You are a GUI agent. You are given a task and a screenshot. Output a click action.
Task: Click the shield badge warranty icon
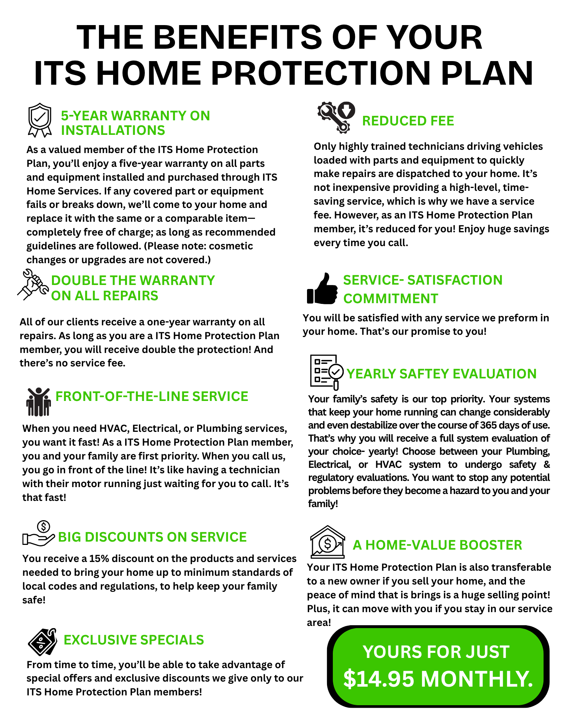pyautogui.click(x=40, y=120)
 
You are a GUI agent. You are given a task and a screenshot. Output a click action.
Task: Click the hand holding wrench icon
pyautogui.click(x=33, y=284)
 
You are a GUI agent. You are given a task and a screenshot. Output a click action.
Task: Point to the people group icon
pyautogui.click(x=38, y=402)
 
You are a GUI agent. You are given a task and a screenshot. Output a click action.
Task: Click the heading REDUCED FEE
pyautogui.click(x=408, y=121)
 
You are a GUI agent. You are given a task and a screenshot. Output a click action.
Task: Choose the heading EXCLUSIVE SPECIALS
pyautogui.click(x=133, y=640)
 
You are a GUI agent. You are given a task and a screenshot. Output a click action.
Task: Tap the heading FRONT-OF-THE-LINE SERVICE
pyautogui.click(x=152, y=396)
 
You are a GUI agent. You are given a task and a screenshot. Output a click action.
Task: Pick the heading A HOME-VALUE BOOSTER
pyautogui.click(x=437, y=545)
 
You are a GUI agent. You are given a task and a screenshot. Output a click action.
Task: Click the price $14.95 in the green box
pyautogui.click(x=379, y=679)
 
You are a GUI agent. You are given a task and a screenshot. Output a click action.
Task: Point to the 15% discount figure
pyautogui.click(x=99, y=558)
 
